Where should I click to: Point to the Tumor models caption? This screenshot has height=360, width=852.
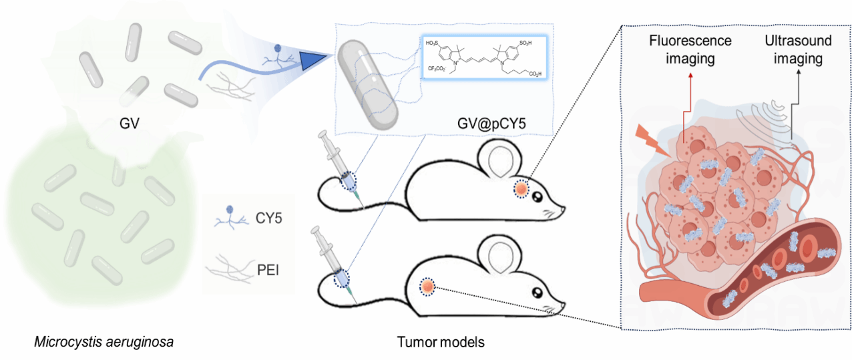click(x=440, y=343)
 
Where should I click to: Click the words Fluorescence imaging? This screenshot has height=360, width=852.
click(x=690, y=49)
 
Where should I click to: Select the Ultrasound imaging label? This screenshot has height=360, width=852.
click(x=798, y=49)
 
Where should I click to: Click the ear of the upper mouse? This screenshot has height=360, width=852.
click(x=501, y=160)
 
